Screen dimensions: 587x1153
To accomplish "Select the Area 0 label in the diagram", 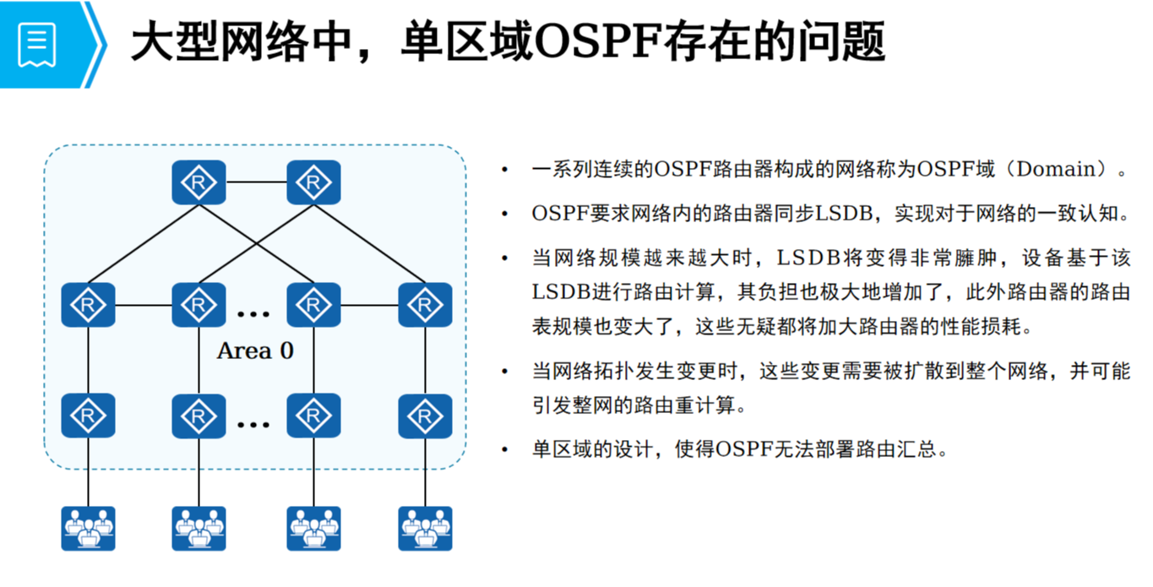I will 255,351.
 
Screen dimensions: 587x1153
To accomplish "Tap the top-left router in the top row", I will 199,182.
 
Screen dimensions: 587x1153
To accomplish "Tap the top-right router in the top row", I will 313,182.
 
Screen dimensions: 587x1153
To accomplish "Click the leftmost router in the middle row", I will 88,305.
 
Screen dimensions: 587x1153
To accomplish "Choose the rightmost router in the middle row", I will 425,305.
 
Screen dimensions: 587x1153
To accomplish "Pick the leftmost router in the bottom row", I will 88,415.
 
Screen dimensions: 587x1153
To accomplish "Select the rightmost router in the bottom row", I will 425,415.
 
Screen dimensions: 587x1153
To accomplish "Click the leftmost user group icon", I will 88,529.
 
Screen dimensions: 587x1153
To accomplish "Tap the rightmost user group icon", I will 425,529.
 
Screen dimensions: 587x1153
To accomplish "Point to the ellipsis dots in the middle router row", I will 253,315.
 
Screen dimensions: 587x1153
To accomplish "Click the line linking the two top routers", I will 256,182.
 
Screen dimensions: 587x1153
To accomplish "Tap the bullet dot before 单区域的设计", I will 505,449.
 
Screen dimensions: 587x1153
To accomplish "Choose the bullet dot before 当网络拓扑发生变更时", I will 505,372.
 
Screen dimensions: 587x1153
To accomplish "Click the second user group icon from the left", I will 199,529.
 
